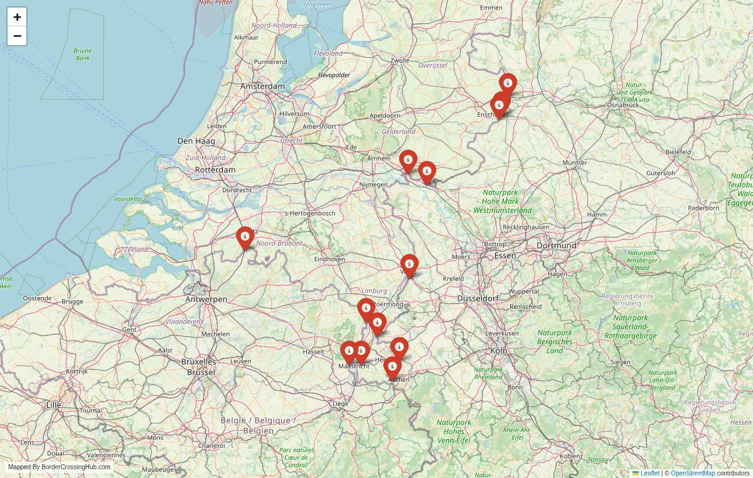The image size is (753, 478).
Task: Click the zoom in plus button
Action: point(17,17)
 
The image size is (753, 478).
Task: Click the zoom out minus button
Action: point(17,36)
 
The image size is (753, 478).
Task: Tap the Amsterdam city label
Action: point(262,86)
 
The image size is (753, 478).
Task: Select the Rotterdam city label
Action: point(215,170)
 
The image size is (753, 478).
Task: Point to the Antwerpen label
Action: point(206,299)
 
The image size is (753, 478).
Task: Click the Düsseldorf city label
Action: point(481,298)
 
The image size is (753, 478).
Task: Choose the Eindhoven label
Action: point(330,259)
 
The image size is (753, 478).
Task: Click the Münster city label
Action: point(575,163)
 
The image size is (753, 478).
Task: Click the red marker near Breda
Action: point(245,237)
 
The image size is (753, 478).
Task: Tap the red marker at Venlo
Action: point(409,265)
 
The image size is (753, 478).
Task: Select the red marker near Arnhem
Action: point(408,161)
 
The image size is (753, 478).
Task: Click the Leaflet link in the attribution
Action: point(649,473)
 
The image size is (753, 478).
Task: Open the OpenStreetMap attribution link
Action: point(693,473)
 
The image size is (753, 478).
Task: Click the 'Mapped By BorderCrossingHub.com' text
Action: point(59,467)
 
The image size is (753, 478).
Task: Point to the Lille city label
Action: point(54,405)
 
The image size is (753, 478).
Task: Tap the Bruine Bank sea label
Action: point(82,54)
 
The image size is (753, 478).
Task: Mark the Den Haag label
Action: point(196,141)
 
